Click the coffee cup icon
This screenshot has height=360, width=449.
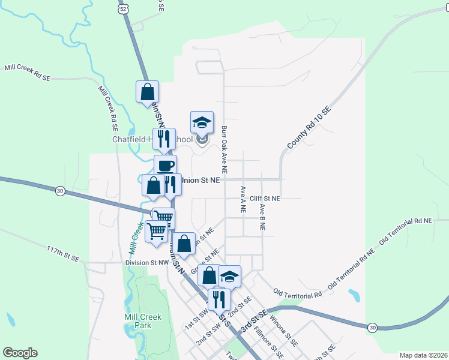165,166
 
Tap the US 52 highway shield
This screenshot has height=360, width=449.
123,9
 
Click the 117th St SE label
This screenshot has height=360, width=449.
63,253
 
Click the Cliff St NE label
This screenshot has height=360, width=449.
265,198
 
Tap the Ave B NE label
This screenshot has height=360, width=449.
262,217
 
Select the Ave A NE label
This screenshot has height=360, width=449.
243,200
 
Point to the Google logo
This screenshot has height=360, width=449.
20,353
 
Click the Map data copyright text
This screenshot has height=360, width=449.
423,355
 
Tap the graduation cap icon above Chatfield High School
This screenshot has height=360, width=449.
202,122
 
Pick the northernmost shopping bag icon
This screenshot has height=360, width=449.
147,92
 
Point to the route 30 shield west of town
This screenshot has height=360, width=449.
60,191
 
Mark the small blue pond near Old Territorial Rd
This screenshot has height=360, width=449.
355,295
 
